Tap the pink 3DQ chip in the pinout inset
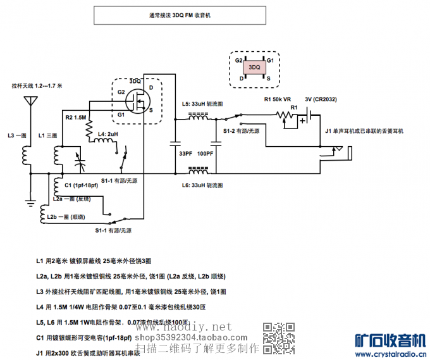(255, 67)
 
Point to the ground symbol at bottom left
(30, 204)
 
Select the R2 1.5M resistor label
(75, 118)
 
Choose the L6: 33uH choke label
(203, 185)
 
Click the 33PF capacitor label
(185, 154)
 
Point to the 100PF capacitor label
(205, 154)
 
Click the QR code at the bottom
(278, 337)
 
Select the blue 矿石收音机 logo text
(392, 339)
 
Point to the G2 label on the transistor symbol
(121, 92)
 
